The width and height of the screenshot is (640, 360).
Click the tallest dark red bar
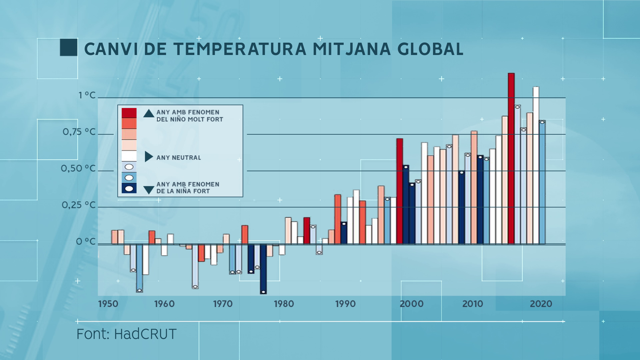tap(511, 158)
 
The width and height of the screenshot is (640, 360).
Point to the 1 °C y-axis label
tap(87, 95)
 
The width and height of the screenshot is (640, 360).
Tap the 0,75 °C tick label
tap(79, 132)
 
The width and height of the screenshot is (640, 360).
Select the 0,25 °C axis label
tap(79, 205)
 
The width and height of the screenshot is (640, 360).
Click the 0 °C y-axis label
tap(86, 242)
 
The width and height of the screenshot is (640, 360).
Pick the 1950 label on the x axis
tap(108, 304)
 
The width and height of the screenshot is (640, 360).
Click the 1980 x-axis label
tap(284, 304)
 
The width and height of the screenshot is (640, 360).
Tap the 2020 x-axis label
tap(541, 304)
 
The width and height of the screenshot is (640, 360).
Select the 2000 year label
tap(411, 304)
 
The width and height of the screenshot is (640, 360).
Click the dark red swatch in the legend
tap(129, 113)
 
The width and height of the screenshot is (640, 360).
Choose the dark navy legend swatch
tap(129, 188)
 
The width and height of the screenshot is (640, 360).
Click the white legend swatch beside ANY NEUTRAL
tap(129, 156)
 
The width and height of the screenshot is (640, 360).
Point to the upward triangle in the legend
tap(149, 114)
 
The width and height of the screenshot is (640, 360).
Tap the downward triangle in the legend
tap(149, 190)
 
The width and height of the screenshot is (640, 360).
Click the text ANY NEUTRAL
tap(178, 158)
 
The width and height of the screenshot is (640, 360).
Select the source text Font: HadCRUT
tap(126, 334)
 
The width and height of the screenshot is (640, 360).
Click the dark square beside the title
tap(68, 48)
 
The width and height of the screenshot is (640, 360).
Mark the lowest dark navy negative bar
tap(263, 269)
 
